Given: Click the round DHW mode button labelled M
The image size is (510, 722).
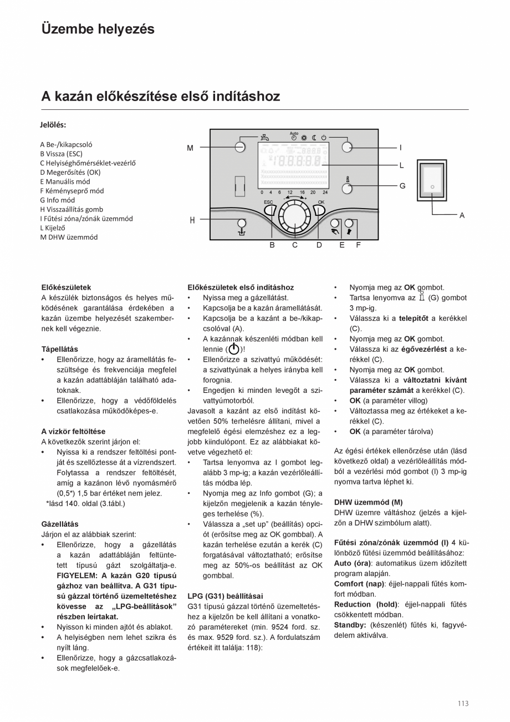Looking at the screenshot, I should click(x=240, y=147).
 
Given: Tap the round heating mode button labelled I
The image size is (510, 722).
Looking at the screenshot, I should click(x=347, y=147).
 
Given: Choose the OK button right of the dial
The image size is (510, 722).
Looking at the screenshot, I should click(x=319, y=210).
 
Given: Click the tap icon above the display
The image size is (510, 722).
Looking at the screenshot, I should click(x=267, y=137).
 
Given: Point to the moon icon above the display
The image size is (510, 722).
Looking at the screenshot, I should click(x=314, y=137).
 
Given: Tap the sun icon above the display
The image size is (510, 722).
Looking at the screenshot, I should click(x=304, y=137).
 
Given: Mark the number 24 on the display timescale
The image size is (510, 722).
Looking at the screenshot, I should click(x=325, y=192).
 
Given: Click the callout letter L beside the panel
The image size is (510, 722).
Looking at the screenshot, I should click(x=401, y=165).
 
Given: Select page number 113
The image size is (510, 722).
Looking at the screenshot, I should click(x=463, y=704).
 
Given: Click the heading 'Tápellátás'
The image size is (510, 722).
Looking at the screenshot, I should click(x=60, y=349).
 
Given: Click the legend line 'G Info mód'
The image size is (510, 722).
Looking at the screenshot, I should click(x=57, y=200).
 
